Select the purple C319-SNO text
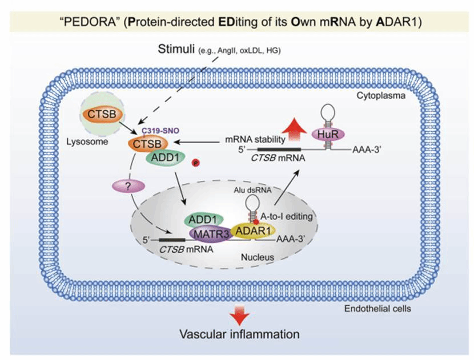click(x=161, y=131)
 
